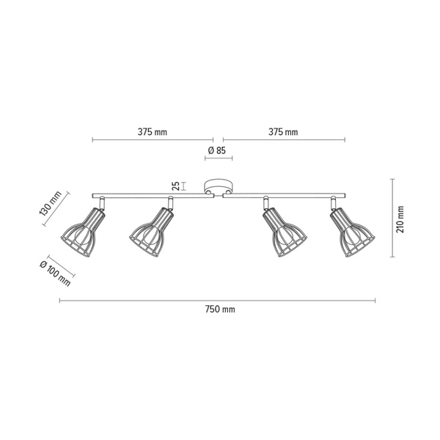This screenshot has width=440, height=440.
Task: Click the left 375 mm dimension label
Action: pos(153,132)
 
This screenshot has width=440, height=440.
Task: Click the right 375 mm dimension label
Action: pos(282,132)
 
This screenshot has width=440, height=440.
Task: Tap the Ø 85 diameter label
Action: pos(216,150)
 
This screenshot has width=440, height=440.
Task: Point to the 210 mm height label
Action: pos(400,217)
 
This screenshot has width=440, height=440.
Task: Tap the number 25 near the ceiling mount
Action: pos(175,186)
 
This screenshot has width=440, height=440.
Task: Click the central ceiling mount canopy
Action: pos(218,188)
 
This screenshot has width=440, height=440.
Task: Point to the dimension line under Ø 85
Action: pos(217,159)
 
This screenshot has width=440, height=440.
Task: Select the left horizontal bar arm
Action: pos(150,196)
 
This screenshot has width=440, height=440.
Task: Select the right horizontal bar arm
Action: pos(286,196)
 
